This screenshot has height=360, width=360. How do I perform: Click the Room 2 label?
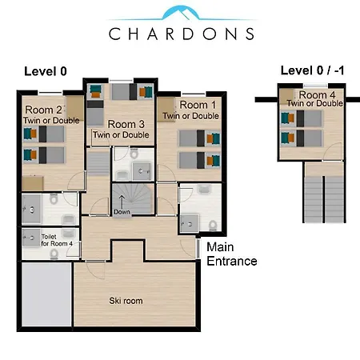coord(44,110)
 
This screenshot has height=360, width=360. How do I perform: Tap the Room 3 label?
coord(126,124)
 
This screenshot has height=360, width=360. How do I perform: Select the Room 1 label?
coord(198,105)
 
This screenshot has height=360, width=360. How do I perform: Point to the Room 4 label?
coord(317,94)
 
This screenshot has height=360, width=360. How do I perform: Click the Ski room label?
coord(126,301)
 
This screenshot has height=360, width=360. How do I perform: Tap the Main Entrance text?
coord(232,254)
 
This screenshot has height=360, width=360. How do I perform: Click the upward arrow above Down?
coord(122,202)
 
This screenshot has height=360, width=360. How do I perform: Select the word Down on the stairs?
coord(122,212)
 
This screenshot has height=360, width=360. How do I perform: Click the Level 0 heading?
coord(46,71)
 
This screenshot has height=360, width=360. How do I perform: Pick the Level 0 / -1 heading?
coord(312,70)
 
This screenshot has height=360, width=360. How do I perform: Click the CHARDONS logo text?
coord(182,34)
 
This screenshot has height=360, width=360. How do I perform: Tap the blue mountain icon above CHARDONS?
coord(182,13)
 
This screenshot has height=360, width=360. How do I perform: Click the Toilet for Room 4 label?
coord(57,240)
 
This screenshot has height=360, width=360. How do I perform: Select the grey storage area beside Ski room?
coord(46,294)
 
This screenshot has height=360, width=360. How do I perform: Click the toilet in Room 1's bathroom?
coord(213,226)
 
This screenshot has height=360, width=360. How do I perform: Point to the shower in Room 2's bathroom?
coord(31,210)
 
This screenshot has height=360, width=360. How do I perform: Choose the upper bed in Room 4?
coord(302,118)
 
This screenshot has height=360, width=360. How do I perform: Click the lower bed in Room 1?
coord(200,160)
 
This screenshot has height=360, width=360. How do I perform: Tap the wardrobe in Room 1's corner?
coord(166,110)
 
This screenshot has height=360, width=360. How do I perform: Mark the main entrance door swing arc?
coord(186,250)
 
